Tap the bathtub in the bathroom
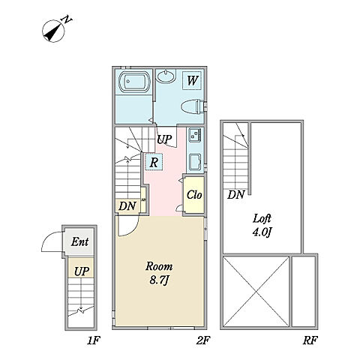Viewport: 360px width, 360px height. tap(133, 82)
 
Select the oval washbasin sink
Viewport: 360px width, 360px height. tap(166, 76)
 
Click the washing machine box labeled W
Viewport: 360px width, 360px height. tap(192, 80)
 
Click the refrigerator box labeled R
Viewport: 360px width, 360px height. tap(154, 162)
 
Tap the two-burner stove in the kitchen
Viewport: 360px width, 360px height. tap(195, 135)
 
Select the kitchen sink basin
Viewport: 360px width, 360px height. tap(196, 162)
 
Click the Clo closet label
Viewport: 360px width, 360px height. tap(194, 195)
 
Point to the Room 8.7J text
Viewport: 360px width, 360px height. tap(159, 273)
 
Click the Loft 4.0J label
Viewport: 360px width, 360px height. tap(262, 226)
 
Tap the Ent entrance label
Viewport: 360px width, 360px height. tap(79, 241)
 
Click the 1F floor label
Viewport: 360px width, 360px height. tap(94, 340)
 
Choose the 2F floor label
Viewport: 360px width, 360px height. tap(202, 340)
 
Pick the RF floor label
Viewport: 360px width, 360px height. tap(310, 340)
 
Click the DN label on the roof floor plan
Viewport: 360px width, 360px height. tap(235, 195)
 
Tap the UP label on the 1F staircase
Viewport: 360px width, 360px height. tap(82, 271)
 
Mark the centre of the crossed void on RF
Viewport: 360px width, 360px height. tap(256, 292)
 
